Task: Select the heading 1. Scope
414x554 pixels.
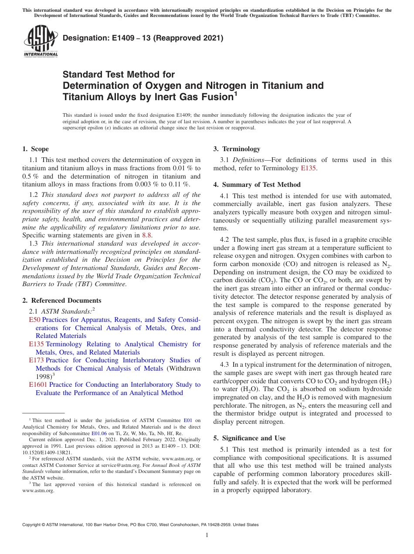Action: click(35, 149)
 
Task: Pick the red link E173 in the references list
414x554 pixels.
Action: click(36, 360)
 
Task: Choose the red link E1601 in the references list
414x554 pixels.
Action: click(38, 385)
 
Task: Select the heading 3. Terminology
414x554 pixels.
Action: click(237, 149)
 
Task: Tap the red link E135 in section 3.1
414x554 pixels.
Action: click(309, 168)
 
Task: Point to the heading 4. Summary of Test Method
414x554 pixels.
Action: click(257, 185)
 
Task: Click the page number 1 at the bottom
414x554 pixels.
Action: click(207, 535)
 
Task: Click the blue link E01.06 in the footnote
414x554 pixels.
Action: click(99, 434)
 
